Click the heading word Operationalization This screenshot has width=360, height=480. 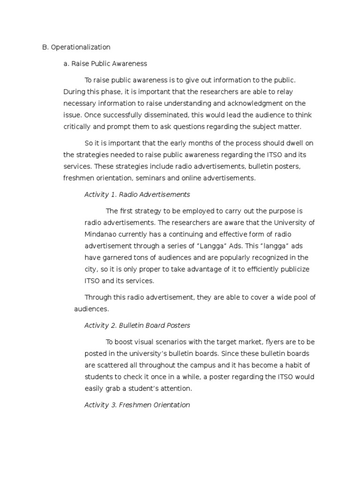click(80, 47)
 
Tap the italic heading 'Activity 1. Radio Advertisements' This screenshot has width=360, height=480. click(137, 194)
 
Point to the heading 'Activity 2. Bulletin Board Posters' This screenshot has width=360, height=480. click(137, 325)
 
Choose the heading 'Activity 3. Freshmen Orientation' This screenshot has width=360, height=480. click(137, 405)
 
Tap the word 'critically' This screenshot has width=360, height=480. click(78, 127)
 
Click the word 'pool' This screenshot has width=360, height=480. click(300, 297)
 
